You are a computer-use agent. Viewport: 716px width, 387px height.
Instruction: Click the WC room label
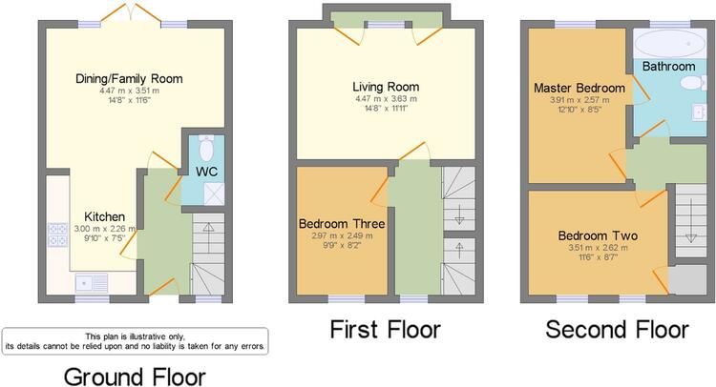pyautogui.click(x=206, y=172)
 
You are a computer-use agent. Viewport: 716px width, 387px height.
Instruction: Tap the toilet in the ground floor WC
pyautogui.click(x=206, y=148)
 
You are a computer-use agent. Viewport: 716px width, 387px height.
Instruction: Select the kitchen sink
pyautogui.click(x=92, y=282)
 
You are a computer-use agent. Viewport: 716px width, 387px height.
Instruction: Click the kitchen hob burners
pyautogui.click(x=57, y=234)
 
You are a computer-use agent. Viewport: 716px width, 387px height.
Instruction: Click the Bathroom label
pyautogui.click(x=668, y=67)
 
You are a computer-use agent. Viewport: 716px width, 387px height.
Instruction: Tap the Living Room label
pyautogui.click(x=386, y=87)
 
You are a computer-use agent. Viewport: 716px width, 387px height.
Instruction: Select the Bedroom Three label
pyautogui.click(x=342, y=224)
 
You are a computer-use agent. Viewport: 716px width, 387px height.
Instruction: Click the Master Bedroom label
pyautogui.click(x=579, y=88)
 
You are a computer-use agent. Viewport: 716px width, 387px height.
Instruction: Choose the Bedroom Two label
pyautogui.click(x=598, y=235)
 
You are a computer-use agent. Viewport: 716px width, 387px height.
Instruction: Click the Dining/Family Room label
pyautogui.click(x=129, y=79)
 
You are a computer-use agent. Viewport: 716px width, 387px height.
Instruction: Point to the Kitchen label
pyautogui.click(x=105, y=216)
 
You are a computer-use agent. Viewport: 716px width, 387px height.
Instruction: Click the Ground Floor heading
pyautogui.click(x=135, y=377)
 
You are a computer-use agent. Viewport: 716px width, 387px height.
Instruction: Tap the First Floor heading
pyautogui.click(x=386, y=329)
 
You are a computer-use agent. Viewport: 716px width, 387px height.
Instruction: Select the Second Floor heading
pyautogui.click(x=617, y=329)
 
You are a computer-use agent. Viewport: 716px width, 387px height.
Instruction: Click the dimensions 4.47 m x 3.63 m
pyautogui.click(x=386, y=99)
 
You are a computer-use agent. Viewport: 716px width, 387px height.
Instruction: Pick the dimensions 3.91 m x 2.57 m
pyautogui.click(x=579, y=100)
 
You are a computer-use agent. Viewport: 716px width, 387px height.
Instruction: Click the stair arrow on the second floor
pyautogui.click(x=690, y=220)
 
